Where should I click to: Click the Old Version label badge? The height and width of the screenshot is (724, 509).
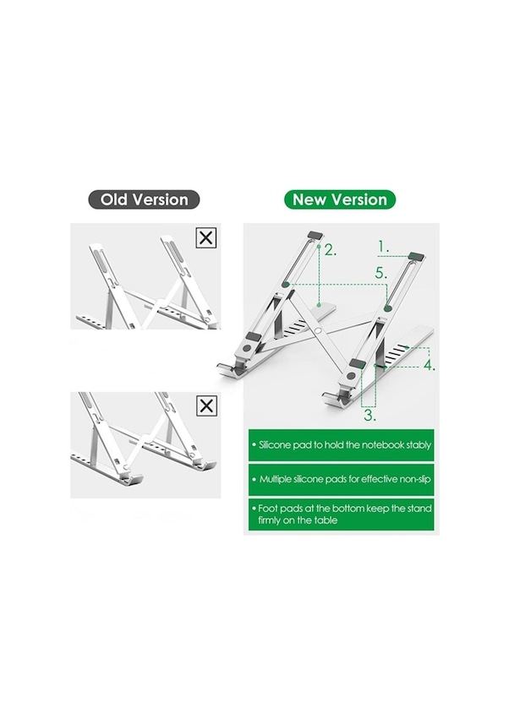144,199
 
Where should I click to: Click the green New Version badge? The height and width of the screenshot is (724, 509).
340,199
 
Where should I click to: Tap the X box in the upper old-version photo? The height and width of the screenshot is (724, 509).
206,237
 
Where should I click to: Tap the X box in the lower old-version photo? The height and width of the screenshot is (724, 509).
206,406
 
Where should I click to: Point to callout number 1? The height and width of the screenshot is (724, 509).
382,247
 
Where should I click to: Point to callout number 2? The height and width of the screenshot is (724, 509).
330,250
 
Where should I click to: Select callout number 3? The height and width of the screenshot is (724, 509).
369,415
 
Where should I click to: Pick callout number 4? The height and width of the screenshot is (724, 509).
430,365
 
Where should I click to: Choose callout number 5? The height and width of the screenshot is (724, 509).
381,273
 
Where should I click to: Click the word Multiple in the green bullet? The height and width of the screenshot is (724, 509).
275,479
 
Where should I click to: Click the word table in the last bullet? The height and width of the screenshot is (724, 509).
327,520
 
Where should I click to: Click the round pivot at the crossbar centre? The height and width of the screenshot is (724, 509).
319,330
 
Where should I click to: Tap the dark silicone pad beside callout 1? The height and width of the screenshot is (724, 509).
416,256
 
